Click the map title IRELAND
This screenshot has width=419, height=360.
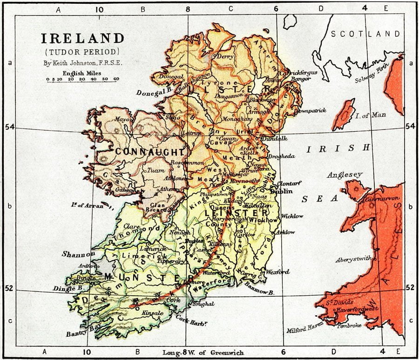pos(83,38)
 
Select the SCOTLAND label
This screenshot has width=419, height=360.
pos(365,34)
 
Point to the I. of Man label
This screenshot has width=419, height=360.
pos(371,115)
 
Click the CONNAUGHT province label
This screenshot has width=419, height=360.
pos(143,152)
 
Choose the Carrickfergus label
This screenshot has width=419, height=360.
pos(294,73)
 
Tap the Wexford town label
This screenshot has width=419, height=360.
pos(278,272)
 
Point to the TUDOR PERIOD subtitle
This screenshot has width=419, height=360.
pos(83,51)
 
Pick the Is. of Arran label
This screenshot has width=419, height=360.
pos(87,204)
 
